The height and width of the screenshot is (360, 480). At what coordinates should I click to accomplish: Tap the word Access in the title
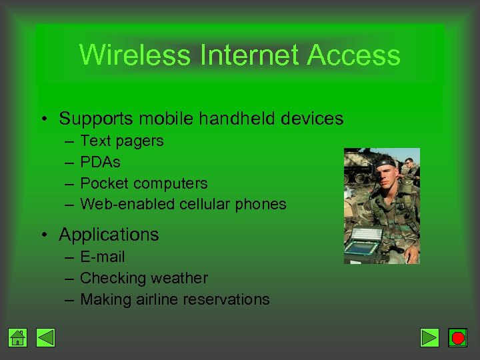(353, 55)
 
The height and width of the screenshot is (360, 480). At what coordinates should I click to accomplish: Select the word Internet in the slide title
(250, 55)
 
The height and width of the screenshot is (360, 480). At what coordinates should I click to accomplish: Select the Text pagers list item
(121, 141)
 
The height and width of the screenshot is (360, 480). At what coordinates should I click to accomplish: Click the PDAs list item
(100, 162)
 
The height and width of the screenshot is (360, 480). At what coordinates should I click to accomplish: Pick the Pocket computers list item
(143, 183)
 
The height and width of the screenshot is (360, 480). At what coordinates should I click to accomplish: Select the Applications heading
(109, 235)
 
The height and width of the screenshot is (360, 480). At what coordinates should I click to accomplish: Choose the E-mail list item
(102, 257)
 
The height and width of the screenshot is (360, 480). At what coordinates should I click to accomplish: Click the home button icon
(18, 338)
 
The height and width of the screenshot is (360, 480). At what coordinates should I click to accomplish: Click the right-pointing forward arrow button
(430, 338)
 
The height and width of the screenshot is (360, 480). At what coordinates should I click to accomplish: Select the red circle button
(457, 338)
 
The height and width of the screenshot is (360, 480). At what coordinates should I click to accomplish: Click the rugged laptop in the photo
(363, 243)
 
